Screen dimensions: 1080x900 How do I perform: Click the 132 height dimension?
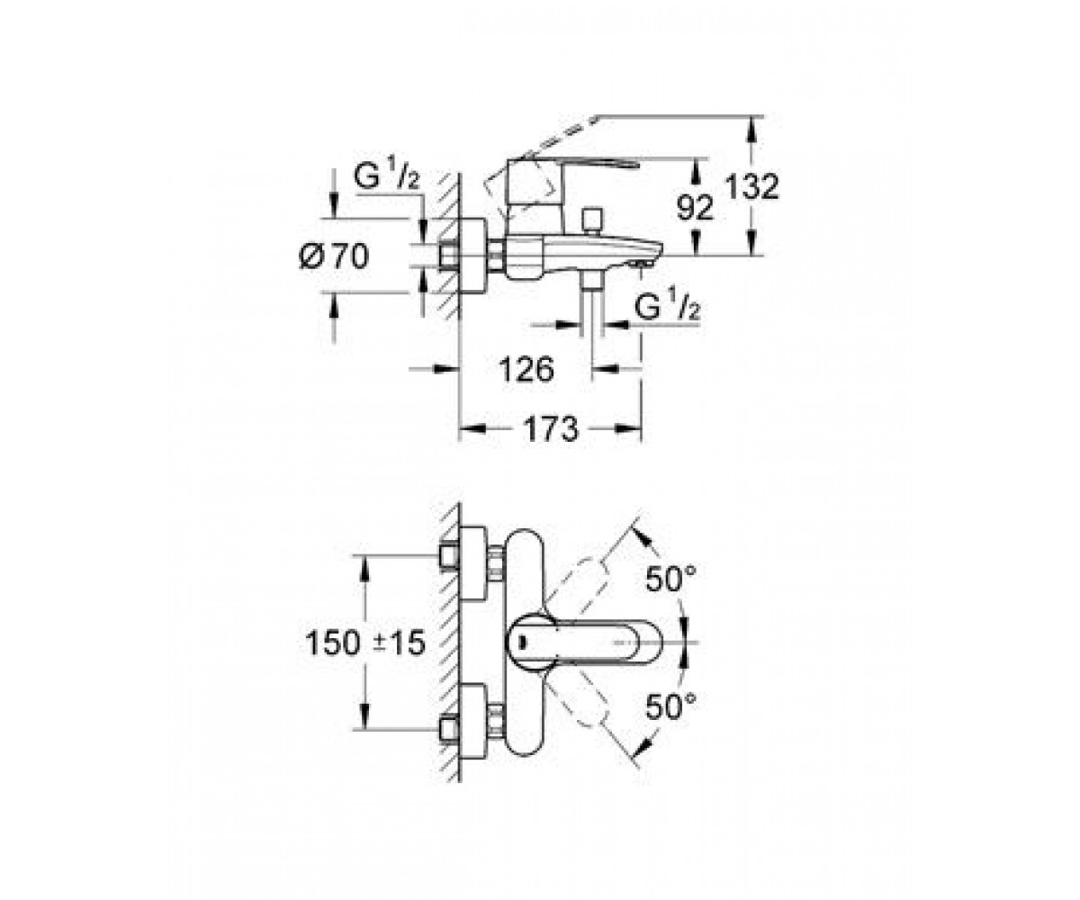click(x=752, y=186)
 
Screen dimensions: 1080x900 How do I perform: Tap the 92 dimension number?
click(x=696, y=208)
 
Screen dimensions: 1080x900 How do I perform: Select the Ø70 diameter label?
click(x=334, y=256)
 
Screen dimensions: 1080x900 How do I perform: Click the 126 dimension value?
click(x=526, y=369)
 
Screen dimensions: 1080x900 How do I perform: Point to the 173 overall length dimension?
click(x=550, y=428)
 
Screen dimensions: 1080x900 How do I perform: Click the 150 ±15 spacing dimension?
click(x=365, y=643)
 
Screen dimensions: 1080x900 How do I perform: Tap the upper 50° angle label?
click(x=670, y=579)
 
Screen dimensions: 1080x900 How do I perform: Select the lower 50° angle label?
click(x=670, y=706)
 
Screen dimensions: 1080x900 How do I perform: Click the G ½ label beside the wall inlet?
click(x=387, y=175)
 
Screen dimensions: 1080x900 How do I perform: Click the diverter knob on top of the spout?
click(x=591, y=221)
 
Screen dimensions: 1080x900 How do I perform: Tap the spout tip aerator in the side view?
click(x=642, y=265)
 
